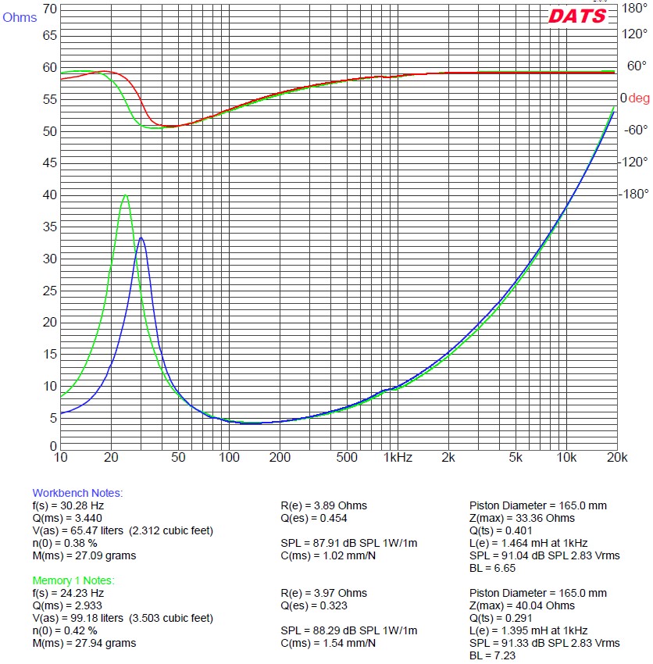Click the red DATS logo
[x=577, y=16]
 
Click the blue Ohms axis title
[x=20, y=18]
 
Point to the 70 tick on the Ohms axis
[x=49, y=9]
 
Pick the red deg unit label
[x=639, y=98]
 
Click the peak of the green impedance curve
[x=125, y=195]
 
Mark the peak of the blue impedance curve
[x=141, y=237]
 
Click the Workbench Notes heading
[x=77, y=493]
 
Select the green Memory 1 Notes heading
[x=73, y=580]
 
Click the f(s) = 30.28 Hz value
[x=68, y=505]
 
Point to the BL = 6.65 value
[x=492, y=568]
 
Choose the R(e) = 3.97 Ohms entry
[x=323, y=593]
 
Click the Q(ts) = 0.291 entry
[x=502, y=618]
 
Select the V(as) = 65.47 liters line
[x=122, y=530]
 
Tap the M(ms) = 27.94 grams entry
[x=84, y=643]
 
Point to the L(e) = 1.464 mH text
[x=528, y=543]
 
